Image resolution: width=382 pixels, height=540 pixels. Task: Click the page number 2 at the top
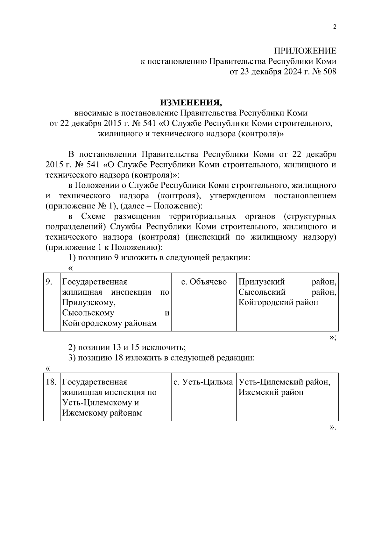pyautogui.click(x=335, y=27)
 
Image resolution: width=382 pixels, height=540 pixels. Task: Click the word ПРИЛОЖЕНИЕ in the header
pyautogui.click(x=305, y=51)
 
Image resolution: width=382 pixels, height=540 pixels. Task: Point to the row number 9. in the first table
pyautogui.click(x=49, y=282)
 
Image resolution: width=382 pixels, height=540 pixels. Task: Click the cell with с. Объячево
pyautogui.click(x=204, y=282)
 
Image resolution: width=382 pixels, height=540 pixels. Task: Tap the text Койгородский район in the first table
pyautogui.click(x=278, y=302)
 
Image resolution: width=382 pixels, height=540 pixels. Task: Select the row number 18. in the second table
pyautogui.click(x=51, y=382)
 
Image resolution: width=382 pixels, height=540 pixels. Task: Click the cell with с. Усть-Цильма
pyautogui.click(x=203, y=382)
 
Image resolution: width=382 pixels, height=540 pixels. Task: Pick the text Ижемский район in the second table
pyautogui.click(x=271, y=392)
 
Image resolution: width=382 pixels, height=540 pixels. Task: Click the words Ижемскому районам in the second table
pyautogui.click(x=102, y=413)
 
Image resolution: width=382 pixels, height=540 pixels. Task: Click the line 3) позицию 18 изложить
pyautogui.click(x=162, y=358)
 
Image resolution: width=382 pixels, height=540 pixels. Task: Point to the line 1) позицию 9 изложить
pyautogui.click(x=159, y=258)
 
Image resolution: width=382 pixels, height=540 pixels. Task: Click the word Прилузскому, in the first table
pyautogui.click(x=89, y=303)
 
